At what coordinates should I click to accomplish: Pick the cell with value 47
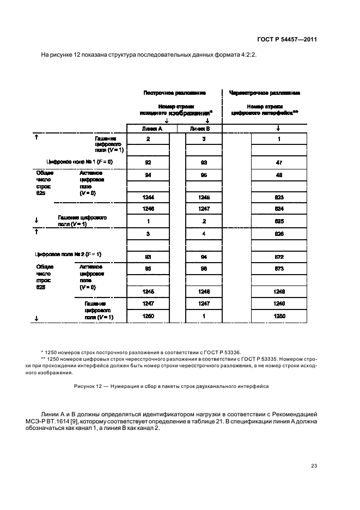[278, 162]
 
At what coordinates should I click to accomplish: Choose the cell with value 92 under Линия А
[148, 162]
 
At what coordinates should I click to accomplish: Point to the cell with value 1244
[148, 197]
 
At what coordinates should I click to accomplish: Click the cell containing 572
[278, 256]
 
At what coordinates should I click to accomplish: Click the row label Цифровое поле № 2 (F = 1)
[68, 254]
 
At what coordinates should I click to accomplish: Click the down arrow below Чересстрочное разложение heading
[278, 128]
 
